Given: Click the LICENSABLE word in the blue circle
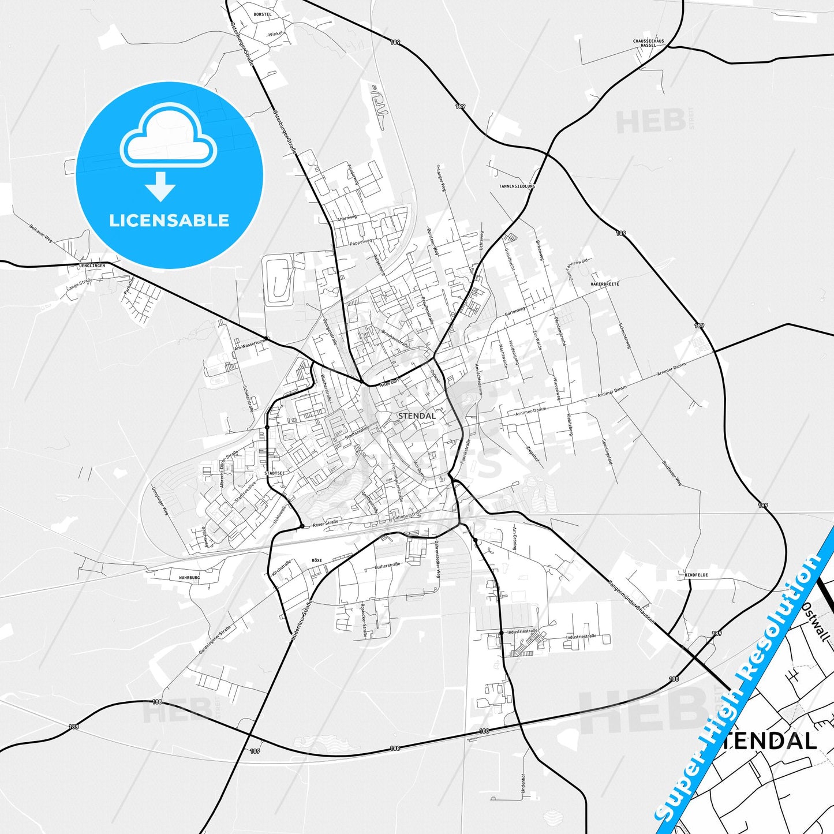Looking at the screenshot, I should pos(169,220).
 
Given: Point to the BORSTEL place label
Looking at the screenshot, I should pos(262,14).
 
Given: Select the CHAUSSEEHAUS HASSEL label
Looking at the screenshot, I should pos(648,43).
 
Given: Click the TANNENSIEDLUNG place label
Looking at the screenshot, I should pos(517,186).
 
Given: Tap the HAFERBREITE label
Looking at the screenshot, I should pos(604,284).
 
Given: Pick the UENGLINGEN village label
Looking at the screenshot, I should pos(91,266).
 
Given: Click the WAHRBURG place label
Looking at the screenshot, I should pos(189,577).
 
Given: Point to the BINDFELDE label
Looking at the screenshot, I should pos(696,575).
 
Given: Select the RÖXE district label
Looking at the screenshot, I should pos(316,560).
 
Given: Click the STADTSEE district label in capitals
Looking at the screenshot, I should pos(274,473).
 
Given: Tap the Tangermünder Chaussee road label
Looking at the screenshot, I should pos(631,601).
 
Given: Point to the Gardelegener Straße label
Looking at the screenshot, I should pos(215,639).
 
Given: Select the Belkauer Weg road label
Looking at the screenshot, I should pos(41,233).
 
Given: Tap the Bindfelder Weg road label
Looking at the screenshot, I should pos(672,473).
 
